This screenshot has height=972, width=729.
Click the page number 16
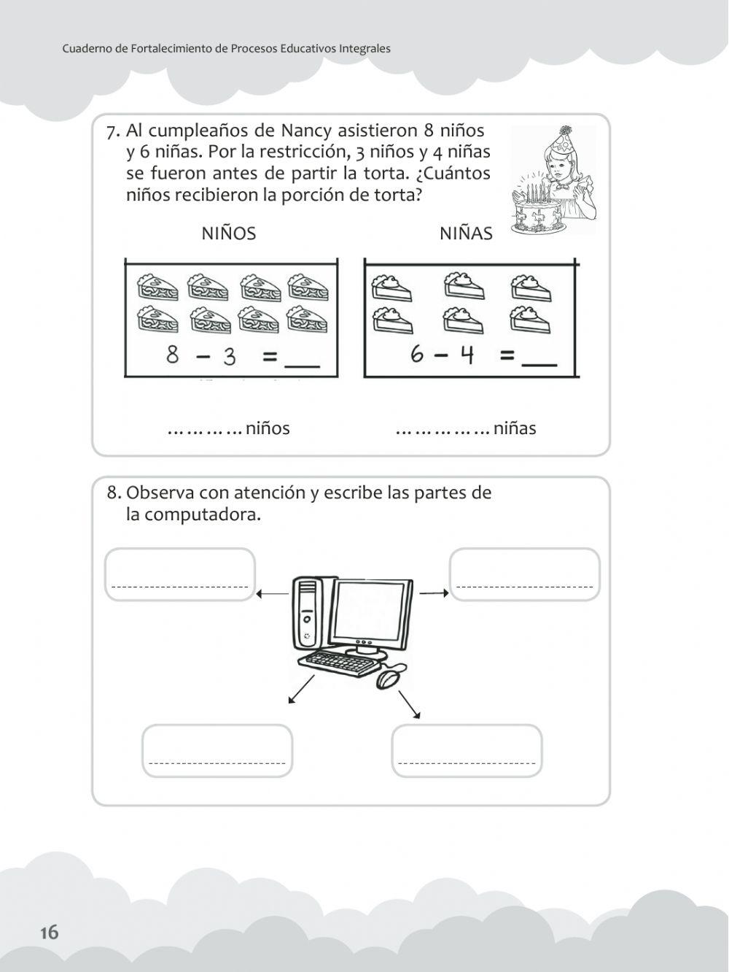coord(49,932)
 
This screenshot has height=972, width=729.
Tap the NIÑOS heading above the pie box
coord(228,234)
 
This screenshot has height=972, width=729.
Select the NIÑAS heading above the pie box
coord(466,234)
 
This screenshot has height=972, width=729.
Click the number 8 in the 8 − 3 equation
coord(173,355)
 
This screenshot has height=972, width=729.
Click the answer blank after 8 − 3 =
coord(301,359)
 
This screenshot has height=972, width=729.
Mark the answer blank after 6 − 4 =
coord(540,359)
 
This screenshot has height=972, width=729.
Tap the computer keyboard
coord(343,663)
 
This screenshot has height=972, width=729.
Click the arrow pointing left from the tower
coord(273,594)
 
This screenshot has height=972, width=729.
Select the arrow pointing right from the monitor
coord(434,593)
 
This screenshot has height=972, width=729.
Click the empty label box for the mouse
coord(467,750)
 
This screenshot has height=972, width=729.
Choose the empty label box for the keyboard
coord(217,750)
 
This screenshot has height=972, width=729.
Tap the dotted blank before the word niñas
coord(442,429)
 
